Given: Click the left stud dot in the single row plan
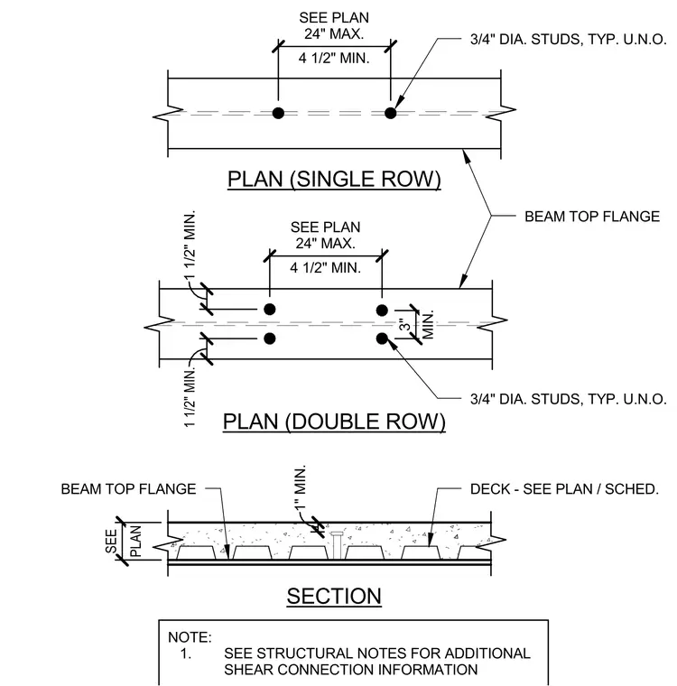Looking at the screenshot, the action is click(278, 113).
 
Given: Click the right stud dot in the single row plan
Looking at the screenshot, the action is click(390, 113).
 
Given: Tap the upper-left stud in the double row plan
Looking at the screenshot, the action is click(270, 310).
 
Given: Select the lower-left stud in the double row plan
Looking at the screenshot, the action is click(270, 338).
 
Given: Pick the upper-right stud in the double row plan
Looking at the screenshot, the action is click(382, 311).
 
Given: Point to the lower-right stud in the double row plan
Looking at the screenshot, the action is click(382, 338).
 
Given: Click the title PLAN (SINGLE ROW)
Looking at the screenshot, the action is click(334, 180).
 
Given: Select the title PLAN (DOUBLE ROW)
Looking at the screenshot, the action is click(334, 422).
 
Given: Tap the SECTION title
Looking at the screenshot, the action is click(334, 596).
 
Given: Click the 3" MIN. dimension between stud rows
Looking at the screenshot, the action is click(417, 325).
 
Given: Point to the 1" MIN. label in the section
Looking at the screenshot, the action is click(300, 487).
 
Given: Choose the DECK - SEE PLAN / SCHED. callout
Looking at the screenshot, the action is click(564, 488).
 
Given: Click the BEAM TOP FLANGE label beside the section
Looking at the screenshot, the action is click(128, 488).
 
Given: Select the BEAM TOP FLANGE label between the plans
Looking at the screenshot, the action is click(592, 216).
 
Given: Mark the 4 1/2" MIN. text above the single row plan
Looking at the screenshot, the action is click(334, 58).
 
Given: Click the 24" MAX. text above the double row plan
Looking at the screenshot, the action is click(326, 243).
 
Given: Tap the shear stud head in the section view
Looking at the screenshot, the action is click(337, 534).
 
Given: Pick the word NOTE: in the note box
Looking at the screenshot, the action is click(190, 637).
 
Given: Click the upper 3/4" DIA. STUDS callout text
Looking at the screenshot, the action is click(569, 40).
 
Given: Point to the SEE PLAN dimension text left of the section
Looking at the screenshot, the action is click(124, 541).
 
